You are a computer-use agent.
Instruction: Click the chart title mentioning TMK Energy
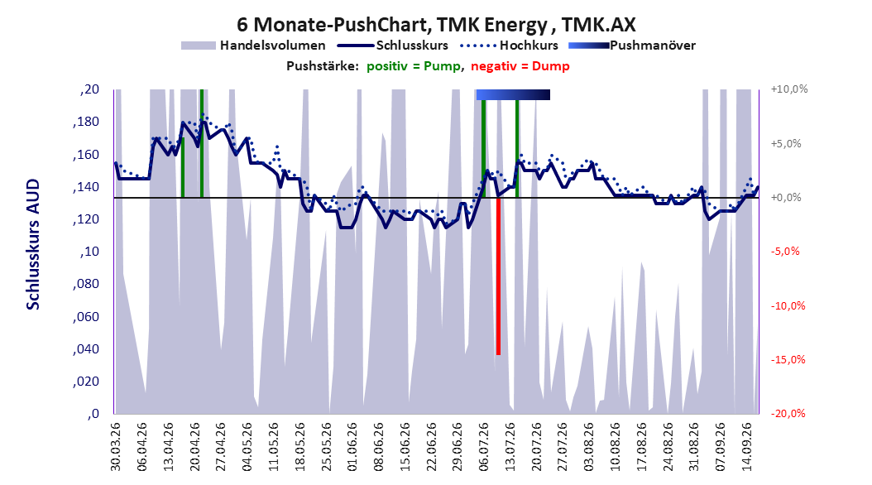point(436,25)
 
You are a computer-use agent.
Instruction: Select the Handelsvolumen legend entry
point(254,46)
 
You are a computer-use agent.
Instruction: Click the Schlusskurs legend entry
point(393,46)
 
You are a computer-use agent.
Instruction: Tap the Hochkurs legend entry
point(510,46)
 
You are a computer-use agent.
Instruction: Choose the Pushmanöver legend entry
point(632,46)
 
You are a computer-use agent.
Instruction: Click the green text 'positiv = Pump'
point(413,66)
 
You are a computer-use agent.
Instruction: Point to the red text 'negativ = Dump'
point(520,66)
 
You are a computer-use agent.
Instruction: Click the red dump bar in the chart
point(498,276)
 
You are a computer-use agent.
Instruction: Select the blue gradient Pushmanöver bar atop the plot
point(513,95)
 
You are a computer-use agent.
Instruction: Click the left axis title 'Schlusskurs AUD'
point(33,244)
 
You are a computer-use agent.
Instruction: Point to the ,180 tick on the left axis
point(86,122)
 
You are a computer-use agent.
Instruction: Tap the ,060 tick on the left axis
point(86,317)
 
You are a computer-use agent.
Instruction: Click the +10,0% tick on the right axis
point(789,89)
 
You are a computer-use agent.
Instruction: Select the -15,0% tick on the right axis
point(788,360)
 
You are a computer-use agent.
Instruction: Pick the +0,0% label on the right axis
point(786,198)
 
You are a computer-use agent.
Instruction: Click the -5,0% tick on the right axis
point(786,252)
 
